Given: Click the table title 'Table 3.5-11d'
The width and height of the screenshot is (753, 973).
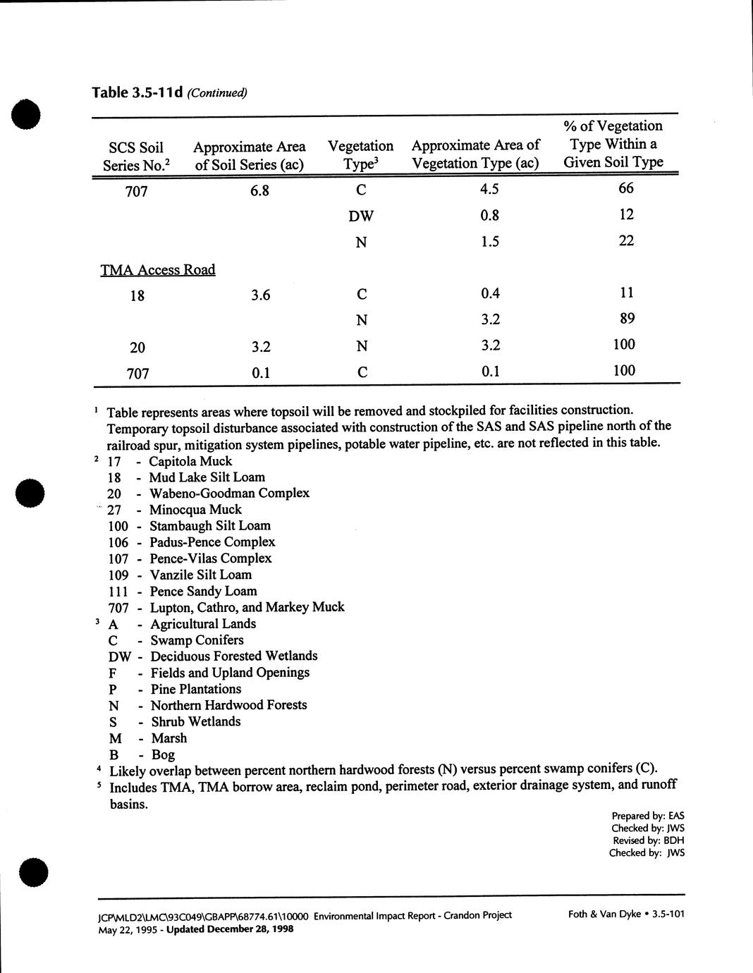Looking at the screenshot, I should pos(138,92).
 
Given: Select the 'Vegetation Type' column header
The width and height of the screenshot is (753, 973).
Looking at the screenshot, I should pos(360,155).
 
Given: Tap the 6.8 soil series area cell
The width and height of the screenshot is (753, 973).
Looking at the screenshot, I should pos(259,190).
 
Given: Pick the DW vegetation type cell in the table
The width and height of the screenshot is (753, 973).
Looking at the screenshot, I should pos(361,216).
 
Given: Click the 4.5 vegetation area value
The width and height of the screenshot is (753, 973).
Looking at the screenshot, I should pos(489,189).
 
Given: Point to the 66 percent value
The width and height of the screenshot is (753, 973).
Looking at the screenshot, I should pos(625,188).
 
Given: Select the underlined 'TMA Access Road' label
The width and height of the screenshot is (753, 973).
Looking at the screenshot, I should pos(158,269).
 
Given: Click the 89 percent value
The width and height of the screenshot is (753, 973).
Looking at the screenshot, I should pos(626,319).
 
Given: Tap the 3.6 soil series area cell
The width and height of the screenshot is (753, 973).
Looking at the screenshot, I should pos(260,295).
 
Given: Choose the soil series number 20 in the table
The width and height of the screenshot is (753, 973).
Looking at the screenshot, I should pos(137,347).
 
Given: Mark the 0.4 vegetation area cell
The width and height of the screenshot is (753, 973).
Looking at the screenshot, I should pos(490,293).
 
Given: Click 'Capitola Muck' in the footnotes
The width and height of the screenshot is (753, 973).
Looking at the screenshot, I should pos(190,461).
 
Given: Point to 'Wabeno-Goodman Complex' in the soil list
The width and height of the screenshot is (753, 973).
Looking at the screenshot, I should pos(229,493).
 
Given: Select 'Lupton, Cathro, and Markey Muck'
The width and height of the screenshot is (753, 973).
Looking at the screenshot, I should pos(247,607).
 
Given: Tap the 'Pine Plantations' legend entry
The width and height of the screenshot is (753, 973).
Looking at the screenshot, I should pos(196,689).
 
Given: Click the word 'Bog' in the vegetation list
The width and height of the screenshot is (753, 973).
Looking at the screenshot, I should pos(163,754).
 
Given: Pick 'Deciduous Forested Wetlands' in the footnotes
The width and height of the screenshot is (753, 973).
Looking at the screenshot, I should pos(234,656).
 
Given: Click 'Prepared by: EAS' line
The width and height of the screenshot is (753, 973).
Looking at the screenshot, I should pos(648,816).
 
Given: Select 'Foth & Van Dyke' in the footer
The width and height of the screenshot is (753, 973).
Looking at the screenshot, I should pos(604,914).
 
